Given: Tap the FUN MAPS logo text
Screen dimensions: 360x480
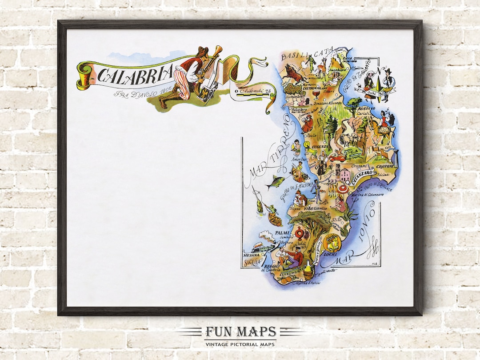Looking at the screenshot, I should tap(240, 332).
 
